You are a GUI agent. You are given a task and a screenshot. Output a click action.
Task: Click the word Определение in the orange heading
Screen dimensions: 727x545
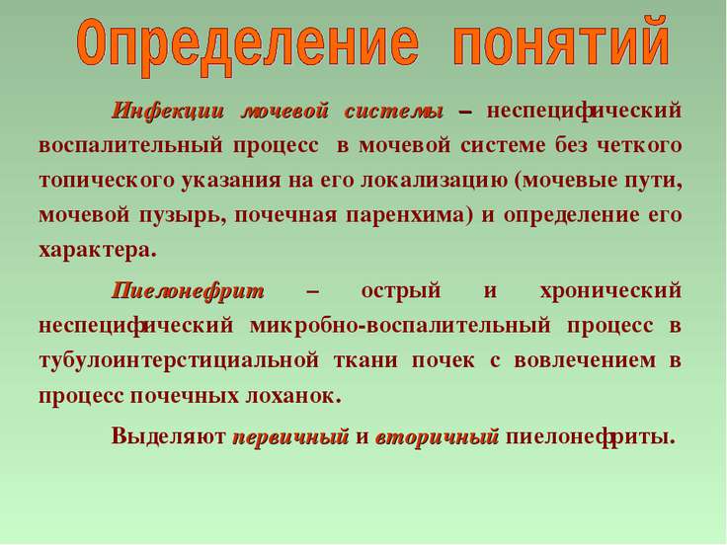coord(248,45)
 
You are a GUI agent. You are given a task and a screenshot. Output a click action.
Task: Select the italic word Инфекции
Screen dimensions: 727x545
coord(167,112)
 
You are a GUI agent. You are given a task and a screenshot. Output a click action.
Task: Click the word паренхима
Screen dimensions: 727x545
coord(409,216)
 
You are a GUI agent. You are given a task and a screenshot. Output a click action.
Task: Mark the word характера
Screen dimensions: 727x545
coord(98,251)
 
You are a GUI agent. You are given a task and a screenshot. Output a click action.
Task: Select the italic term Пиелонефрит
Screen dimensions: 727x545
coord(188,291)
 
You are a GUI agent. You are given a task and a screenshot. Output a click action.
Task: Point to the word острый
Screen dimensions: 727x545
coord(401,291)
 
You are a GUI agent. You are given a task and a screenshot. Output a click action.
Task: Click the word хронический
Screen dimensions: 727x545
coord(610,291)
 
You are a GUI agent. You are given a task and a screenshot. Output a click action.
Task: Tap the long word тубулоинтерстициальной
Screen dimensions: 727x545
coord(179,361)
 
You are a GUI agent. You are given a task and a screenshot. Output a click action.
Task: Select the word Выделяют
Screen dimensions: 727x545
coord(168,436)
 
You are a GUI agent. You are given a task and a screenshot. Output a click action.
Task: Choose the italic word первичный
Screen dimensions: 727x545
coord(290,437)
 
